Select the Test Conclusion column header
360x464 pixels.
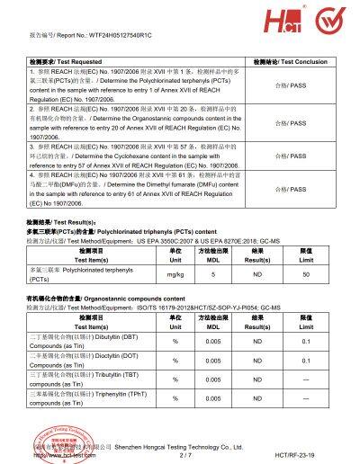291,61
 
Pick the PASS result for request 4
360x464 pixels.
292,189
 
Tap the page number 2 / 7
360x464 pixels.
186,455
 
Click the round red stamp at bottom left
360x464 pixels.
54,439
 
